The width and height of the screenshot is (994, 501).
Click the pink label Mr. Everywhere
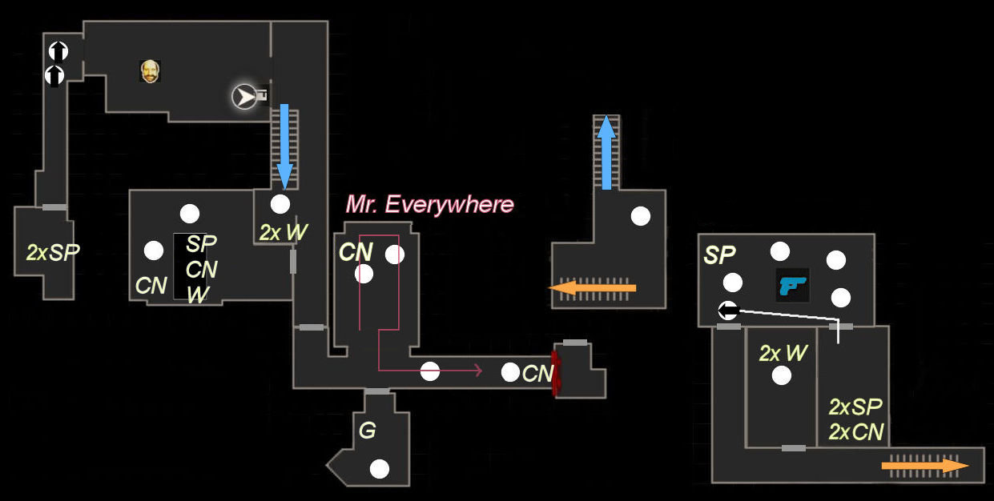429,205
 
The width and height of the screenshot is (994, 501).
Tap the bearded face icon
150,71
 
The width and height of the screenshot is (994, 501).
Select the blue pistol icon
792,285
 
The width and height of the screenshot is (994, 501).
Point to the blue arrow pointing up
606,152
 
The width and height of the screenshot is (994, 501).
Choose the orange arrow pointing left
592,288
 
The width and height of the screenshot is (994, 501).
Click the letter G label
367,431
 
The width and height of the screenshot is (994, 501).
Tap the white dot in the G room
380,469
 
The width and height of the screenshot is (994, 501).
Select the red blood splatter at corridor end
555,372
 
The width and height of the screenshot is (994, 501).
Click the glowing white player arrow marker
244,97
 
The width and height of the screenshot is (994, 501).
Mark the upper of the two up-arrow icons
58,51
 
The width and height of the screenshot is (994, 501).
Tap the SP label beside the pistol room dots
719,255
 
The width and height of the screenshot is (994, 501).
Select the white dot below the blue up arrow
641,215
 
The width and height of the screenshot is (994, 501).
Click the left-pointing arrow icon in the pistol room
727,311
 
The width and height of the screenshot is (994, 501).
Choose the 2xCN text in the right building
855,432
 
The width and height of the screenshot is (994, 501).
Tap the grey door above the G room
376,391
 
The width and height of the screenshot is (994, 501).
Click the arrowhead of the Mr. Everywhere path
478,370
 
